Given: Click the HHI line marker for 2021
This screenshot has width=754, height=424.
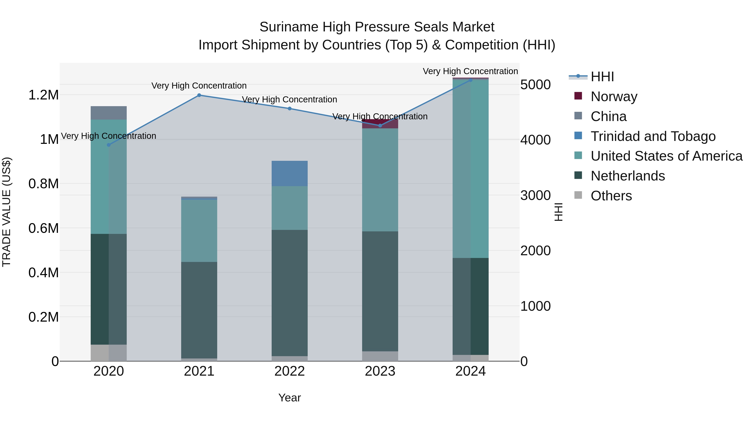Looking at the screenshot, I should (x=199, y=95).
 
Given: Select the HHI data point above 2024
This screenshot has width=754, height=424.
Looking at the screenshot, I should (x=471, y=80).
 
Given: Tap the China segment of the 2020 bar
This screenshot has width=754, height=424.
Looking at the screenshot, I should (x=108, y=113).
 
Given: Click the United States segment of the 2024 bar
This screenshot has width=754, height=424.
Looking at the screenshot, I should (x=471, y=169).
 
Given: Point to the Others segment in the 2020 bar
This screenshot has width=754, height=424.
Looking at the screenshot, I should (x=108, y=353).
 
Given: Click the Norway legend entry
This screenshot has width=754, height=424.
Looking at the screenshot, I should (x=614, y=96).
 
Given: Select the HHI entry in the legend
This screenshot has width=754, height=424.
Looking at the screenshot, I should (x=602, y=77).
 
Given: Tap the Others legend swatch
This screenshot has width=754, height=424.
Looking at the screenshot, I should (x=578, y=195).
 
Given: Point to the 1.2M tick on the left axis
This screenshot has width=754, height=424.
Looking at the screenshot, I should (x=44, y=95).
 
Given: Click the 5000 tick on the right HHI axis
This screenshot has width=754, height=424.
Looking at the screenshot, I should (x=535, y=85).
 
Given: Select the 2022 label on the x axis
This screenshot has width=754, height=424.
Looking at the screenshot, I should (x=289, y=371).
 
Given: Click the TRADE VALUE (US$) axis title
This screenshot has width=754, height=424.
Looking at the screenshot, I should (x=6, y=212).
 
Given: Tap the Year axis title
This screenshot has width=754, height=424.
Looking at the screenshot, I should (x=289, y=398).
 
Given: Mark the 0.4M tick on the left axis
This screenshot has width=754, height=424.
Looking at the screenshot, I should (x=44, y=272).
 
